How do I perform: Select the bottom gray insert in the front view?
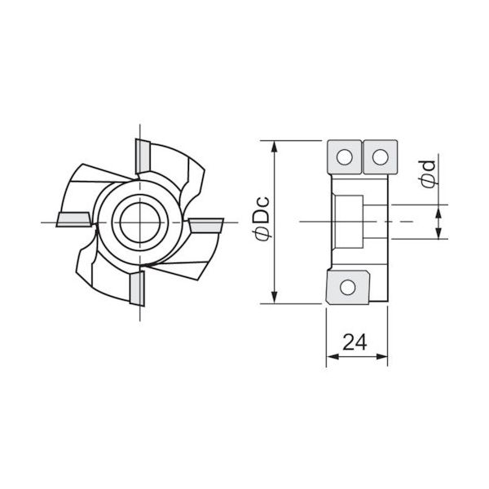(136, 286)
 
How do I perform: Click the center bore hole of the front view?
(139, 220)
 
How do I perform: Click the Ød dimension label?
(425, 173)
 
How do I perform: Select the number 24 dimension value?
(354, 342)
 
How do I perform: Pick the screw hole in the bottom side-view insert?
(348, 286)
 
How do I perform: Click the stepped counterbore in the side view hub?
(350, 220)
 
